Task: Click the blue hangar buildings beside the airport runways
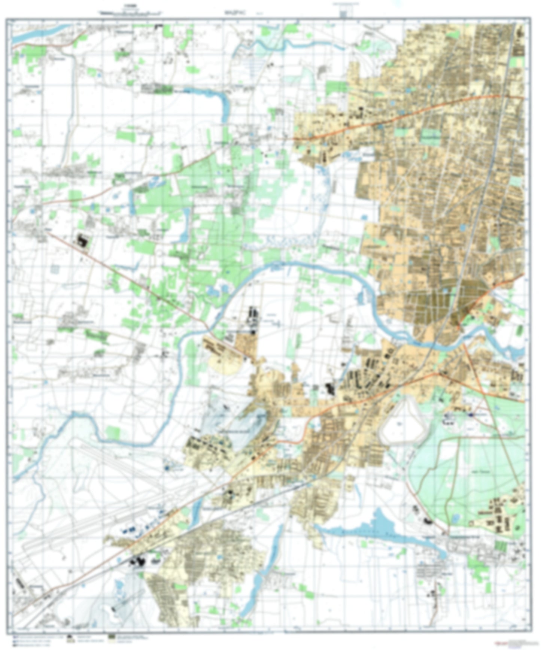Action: pyautogui.click(x=129, y=531)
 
